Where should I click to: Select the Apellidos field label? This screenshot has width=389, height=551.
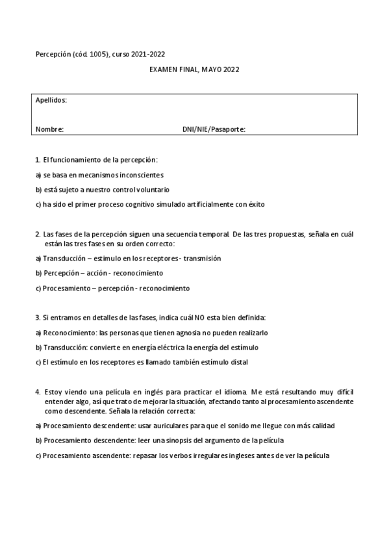pyautogui.click(x=51, y=100)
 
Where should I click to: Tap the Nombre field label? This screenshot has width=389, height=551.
pyautogui.click(x=49, y=129)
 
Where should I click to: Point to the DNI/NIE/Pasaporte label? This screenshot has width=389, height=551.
pyautogui.click(x=214, y=129)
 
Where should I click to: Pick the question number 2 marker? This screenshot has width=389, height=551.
pyautogui.click(x=38, y=233)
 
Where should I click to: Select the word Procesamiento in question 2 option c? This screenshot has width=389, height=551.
pyautogui.click(x=64, y=288)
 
